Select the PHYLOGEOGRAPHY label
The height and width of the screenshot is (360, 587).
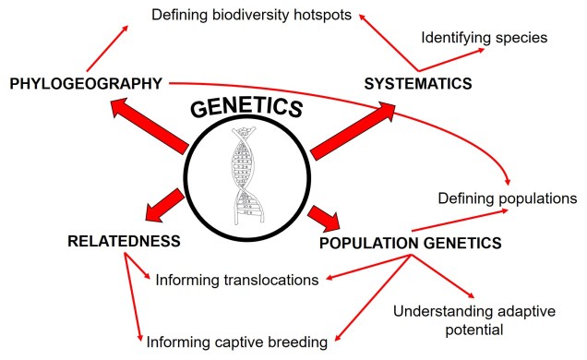pyautogui.click(x=85, y=84)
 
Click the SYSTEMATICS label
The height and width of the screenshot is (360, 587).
pyautogui.click(x=417, y=84)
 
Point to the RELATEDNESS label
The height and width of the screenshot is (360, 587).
pyautogui.click(x=123, y=242)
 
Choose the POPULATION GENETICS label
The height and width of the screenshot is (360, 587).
pyautogui.click(x=410, y=244)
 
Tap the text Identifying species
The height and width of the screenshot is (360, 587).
pyautogui.click(x=485, y=39)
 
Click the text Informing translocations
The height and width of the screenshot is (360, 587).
pyautogui.click(x=237, y=279)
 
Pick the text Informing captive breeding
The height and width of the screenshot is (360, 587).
pyautogui.click(x=237, y=342)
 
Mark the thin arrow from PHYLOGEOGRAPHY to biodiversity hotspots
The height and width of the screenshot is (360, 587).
pyautogui.click(x=107, y=48)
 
